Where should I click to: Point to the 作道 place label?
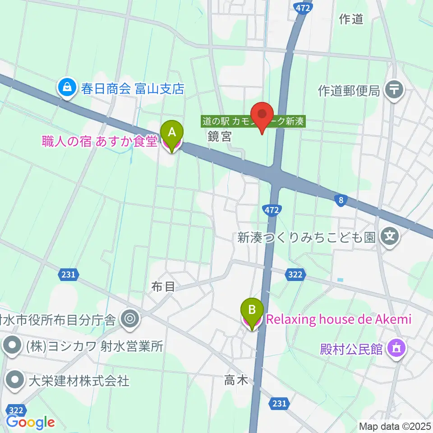point(350,19)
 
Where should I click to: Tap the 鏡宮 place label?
point(220,137)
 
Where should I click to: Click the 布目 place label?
point(163,286)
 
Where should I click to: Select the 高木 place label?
point(236,381)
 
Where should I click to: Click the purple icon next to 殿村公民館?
point(397,348)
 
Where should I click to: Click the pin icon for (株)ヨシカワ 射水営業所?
point(12,346)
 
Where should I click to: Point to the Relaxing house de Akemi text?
point(339,320)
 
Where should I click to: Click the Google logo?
point(31,422)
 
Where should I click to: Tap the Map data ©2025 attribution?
point(395,426)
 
